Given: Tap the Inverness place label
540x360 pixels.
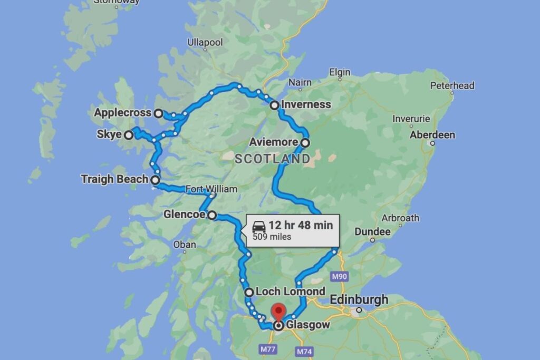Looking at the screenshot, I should tap(306, 104).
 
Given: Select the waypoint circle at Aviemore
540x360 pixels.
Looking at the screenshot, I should tap(305, 142).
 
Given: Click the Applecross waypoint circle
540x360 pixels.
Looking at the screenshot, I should tap(158, 113).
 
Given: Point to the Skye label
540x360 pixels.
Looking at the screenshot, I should tap(109, 134).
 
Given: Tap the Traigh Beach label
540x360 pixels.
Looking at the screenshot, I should tap(114, 179).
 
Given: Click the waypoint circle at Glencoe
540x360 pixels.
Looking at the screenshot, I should tap(211, 215).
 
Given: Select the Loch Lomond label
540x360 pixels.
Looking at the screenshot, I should tap(290, 291).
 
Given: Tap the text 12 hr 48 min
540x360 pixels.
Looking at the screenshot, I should tap(301, 225).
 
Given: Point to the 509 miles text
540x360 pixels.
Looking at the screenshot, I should tap(272, 237).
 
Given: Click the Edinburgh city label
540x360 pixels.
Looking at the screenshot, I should tap(359, 299).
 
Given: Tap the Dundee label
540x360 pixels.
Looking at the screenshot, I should tap(372, 231).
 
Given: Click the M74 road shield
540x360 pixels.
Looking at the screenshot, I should tap(304, 351).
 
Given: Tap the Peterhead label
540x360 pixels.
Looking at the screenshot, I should tap(452, 85).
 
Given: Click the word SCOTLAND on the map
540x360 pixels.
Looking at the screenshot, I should tap(272, 159).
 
